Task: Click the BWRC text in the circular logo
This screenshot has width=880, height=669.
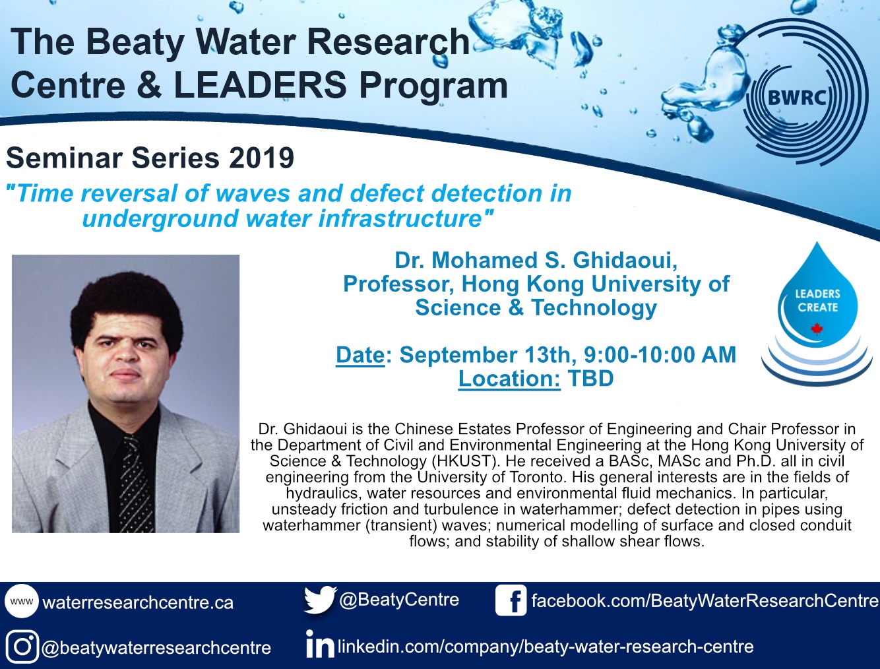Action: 797,98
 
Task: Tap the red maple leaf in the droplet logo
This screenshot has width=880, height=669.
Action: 817,329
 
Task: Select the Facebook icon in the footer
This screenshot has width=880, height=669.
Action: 511,600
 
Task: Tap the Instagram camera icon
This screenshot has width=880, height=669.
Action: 22,647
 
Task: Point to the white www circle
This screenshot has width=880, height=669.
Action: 22,601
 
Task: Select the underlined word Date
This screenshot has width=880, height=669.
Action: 360,355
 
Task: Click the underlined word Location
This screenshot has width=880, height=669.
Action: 509,379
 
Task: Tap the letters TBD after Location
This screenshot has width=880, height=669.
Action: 590,378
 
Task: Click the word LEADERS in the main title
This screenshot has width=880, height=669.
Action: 260,85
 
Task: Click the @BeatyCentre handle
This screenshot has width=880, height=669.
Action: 399,600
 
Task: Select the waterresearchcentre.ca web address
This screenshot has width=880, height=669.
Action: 138,602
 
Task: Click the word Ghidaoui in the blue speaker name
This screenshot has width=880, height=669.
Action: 625,261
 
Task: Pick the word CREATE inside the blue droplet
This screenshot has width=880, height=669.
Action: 817,307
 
